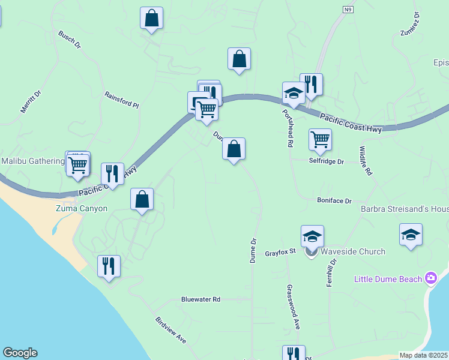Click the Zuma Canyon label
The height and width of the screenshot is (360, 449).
(x=82, y=209)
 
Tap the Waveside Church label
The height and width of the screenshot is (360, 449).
(x=353, y=251)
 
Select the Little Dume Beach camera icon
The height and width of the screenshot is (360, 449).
(x=430, y=278)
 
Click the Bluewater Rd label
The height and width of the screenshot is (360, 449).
(x=201, y=299)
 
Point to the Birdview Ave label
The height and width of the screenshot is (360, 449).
(x=170, y=330)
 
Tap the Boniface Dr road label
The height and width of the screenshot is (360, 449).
(x=334, y=201)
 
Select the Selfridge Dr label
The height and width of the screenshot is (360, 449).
(x=327, y=161)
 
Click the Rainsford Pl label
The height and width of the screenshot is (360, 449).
(x=121, y=100)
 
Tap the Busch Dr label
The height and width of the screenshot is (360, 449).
(x=69, y=39)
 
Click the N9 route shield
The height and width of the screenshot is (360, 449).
(x=348, y=10)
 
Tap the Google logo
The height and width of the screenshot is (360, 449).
(x=19, y=353)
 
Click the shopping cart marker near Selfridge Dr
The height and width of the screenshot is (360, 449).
(x=320, y=139)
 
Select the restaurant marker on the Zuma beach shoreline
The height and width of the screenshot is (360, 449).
(x=109, y=266)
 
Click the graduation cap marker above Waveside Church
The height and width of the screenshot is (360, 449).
(x=312, y=236)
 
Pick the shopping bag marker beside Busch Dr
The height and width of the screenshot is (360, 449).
(x=152, y=18)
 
